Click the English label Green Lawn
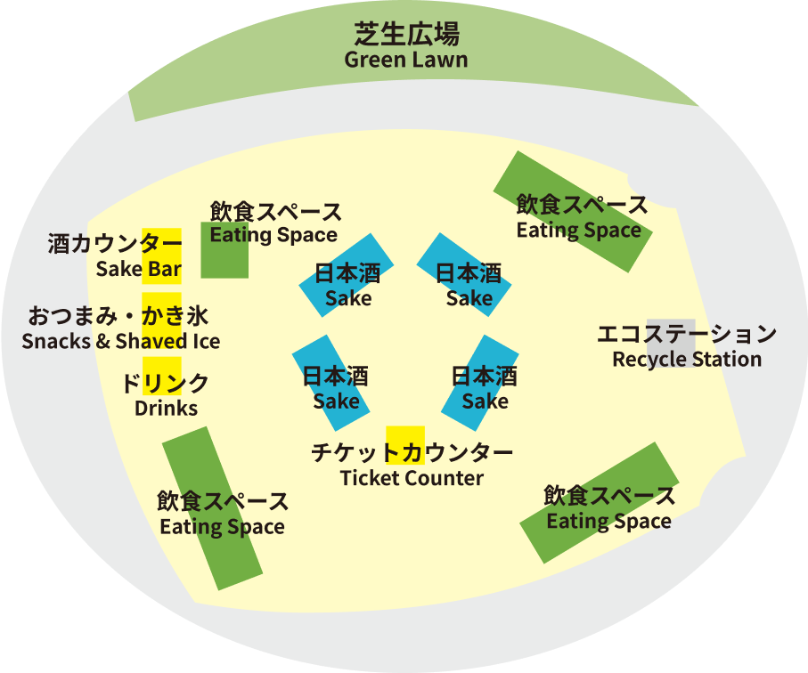405,61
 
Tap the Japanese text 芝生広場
405,36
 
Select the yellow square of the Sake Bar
161,255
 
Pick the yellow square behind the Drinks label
161,376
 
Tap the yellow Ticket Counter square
404,444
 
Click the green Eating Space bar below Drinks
212,507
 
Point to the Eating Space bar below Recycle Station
599,502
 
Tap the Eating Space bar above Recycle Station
573,211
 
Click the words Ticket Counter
412,478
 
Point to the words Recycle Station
687,360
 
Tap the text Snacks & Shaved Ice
120,341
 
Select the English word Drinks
166,409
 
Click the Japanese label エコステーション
686,335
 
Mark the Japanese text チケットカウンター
412,453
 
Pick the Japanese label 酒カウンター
114,244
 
